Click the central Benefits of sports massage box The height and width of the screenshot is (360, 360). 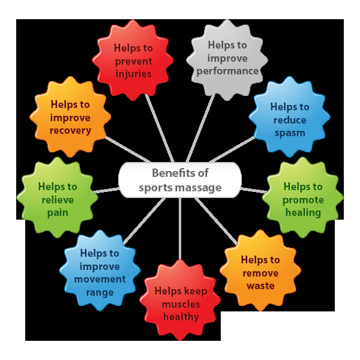coord(180,180)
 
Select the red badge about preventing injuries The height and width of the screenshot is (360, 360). coord(134,60)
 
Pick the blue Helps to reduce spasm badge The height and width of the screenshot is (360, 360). coord(289,119)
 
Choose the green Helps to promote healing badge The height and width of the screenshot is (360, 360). coord(302,200)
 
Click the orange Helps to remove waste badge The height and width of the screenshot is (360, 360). coord(260,272)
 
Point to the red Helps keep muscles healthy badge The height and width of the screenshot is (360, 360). coord(181,304)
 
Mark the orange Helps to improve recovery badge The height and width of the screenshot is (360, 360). coord(71,118)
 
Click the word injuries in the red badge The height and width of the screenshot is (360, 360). coord(134,74)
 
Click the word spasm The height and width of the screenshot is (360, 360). coord(289,133)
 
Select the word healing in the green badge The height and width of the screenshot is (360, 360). coord(303,213)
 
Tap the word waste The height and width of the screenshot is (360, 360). coord(260,286)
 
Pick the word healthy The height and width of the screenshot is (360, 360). coord(181,317)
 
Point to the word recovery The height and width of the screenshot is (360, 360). coord(71,130)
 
